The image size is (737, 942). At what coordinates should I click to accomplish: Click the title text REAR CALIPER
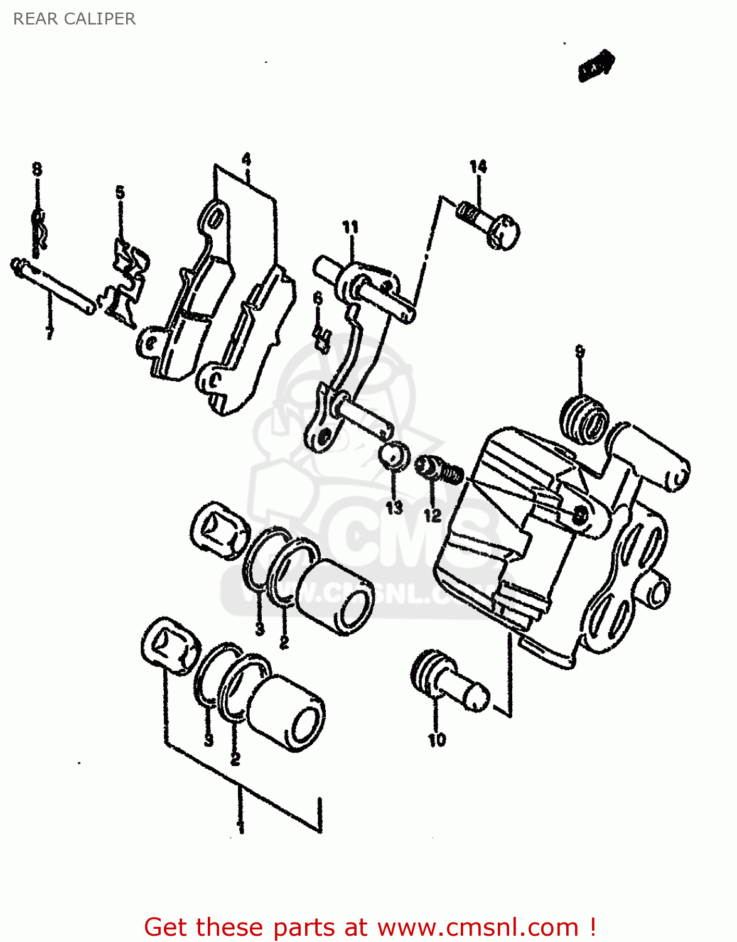(x=74, y=19)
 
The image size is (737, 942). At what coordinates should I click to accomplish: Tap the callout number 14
(x=478, y=166)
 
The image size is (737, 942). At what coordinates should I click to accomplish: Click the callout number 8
(x=37, y=169)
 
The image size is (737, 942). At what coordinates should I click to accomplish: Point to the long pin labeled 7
(x=53, y=286)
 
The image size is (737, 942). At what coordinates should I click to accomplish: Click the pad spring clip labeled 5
(x=129, y=283)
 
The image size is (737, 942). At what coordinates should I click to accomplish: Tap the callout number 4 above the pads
(x=246, y=159)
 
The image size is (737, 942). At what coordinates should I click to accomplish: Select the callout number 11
(x=350, y=227)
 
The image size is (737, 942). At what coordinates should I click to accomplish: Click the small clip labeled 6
(x=322, y=340)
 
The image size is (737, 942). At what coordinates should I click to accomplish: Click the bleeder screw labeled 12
(x=439, y=470)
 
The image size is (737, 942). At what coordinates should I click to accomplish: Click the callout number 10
(x=437, y=740)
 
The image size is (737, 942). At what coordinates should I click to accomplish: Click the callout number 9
(x=579, y=352)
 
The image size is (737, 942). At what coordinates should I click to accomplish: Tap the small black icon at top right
(x=595, y=66)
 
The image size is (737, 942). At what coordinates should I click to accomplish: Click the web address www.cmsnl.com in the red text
(x=478, y=927)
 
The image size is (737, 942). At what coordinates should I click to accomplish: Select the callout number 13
(x=394, y=507)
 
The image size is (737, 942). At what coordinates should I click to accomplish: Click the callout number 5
(x=120, y=192)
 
